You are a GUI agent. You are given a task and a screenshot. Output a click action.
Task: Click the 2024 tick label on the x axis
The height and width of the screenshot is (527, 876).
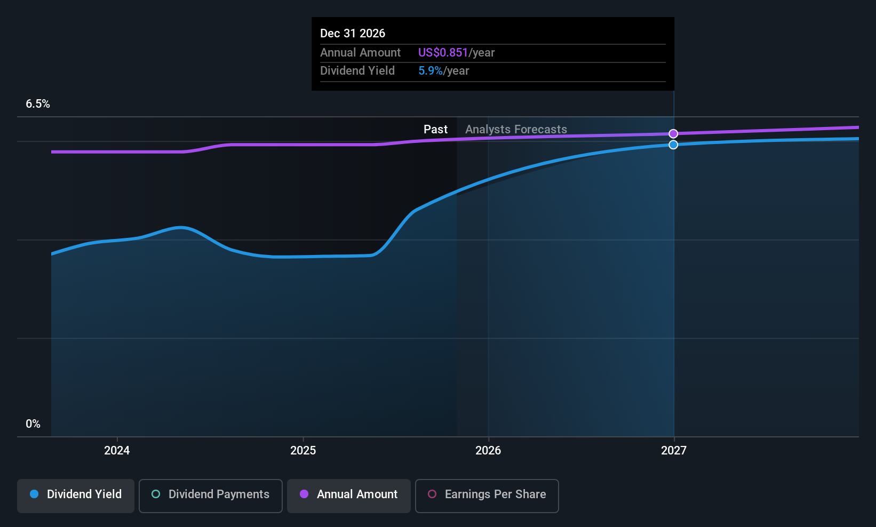[117, 450]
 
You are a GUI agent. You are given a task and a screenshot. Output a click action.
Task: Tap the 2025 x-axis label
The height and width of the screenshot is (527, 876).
[303, 450]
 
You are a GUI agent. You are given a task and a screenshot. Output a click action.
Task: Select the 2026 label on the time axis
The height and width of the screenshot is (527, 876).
[488, 450]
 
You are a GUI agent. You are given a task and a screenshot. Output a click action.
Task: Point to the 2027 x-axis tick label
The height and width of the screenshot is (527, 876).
[674, 450]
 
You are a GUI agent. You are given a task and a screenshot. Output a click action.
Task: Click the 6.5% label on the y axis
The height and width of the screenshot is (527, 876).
[38, 104]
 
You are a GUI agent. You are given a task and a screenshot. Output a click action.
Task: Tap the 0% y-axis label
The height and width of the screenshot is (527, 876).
[33, 424]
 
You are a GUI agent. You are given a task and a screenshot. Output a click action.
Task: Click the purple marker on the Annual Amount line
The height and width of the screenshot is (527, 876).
[673, 134]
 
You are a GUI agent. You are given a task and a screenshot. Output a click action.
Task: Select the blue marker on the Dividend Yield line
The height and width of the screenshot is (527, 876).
[673, 145]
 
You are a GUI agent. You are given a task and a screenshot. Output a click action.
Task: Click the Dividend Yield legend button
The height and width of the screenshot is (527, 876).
[75, 496]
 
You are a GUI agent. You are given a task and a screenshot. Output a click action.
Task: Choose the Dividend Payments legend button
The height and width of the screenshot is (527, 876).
[210, 496]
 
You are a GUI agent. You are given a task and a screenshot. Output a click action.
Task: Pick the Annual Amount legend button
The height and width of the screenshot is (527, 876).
[349, 496]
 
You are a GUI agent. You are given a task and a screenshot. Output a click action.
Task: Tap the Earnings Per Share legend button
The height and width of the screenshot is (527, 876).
[487, 496]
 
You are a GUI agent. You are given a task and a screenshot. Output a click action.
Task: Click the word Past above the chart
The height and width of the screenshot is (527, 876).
[436, 130]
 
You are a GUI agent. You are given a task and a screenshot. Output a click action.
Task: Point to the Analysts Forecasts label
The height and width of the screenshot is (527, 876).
[516, 130]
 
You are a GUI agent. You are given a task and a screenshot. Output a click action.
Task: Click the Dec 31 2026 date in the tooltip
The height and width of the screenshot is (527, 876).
[352, 34]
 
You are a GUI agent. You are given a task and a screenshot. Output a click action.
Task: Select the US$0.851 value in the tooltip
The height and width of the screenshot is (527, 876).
[443, 52]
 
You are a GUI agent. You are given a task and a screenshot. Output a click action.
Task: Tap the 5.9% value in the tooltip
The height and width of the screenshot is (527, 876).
[431, 71]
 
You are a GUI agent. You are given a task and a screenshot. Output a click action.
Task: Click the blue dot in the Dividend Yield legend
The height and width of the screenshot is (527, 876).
[35, 494]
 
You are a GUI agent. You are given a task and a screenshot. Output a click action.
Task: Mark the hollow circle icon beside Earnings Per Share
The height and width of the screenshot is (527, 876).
[432, 494]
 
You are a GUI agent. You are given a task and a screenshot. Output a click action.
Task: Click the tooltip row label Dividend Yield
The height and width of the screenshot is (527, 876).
[357, 71]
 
